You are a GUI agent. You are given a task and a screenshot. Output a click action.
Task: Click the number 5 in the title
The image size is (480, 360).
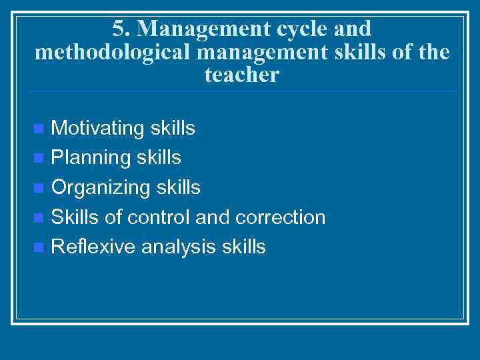pos(119,29)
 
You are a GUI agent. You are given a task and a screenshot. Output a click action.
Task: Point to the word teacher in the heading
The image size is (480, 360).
pos(241,75)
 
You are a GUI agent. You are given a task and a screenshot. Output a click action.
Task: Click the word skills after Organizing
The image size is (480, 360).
pos(178,188)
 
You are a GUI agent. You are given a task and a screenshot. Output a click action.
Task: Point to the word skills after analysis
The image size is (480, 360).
pos(244,247)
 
